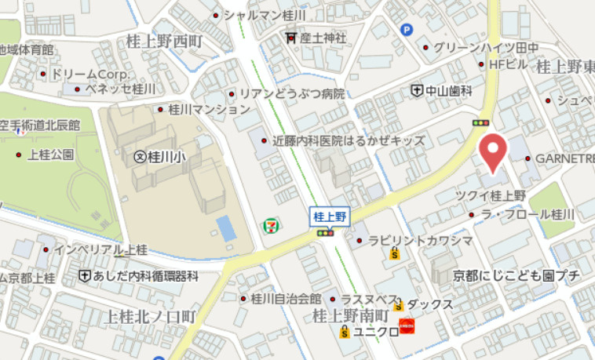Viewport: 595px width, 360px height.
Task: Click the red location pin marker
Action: pyautogui.click(x=492, y=152)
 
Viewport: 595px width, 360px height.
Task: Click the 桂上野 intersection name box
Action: pyautogui.click(x=330, y=216)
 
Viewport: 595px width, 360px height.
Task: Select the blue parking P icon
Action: pyautogui.click(x=407, y=31)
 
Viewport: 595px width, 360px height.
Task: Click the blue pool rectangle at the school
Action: pyautogui.click(x=225, y=228)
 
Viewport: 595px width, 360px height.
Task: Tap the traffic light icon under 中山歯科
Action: pyautogui.click(x=480, y=123)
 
